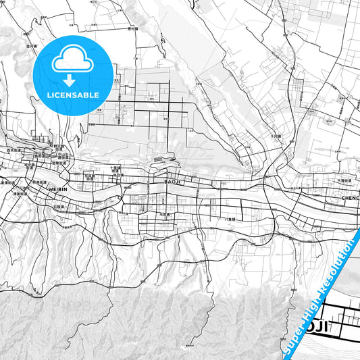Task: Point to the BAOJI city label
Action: [174, 182]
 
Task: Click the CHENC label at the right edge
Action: [350, 199]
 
